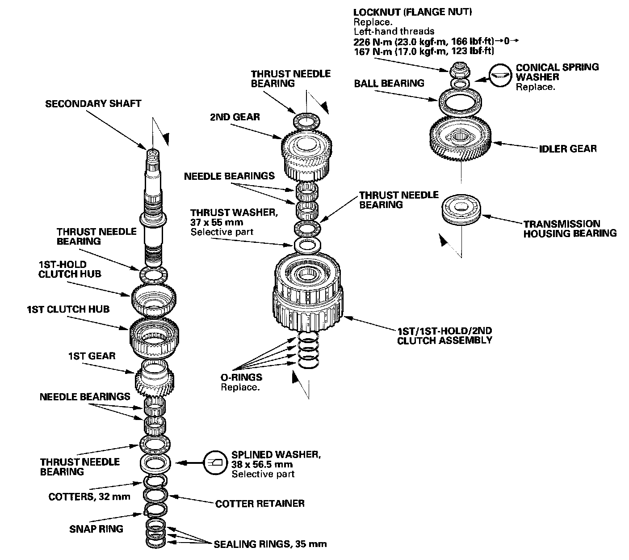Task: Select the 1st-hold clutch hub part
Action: point(153,299)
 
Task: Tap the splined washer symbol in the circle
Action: point(215,462)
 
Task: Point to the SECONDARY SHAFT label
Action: point(93,104)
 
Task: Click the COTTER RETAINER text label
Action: point(260,504)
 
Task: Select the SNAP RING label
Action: point(96,529)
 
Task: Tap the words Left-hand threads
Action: point(394,31)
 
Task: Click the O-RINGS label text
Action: point(241,377)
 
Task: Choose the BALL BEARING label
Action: point(389,83)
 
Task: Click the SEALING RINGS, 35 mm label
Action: point(270,544)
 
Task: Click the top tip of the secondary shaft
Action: point(152,152)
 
